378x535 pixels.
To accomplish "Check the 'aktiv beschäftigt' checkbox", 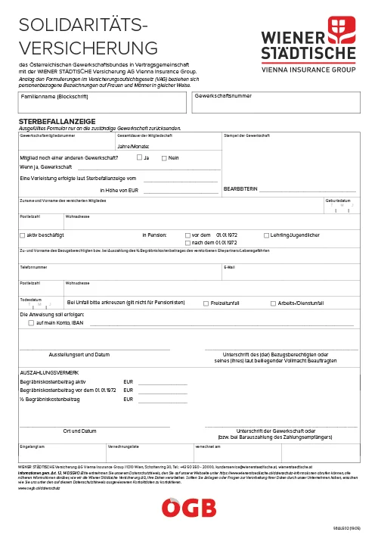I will pyautogui.click(x=22, y=235).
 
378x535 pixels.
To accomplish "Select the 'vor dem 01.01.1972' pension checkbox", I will pyautogui.click(x=187, y=235).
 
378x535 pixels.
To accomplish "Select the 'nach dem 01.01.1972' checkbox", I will pyautogui.click(x=187, y=243).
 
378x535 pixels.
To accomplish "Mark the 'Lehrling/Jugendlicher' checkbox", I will pyautogui.click(x=266, y=235).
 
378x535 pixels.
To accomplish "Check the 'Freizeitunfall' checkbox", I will pyautogui.click(x=206, y=303).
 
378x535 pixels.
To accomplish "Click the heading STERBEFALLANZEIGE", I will pyautogui.click(x=57, y=121).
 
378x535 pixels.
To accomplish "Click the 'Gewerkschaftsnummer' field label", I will pyautogui.click(x=224, y=97).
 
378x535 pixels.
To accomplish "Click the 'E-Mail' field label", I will pyautogui.click(x=229, y=267).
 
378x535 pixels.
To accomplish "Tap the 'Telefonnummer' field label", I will pyautogui.click(x=33, y=267).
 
